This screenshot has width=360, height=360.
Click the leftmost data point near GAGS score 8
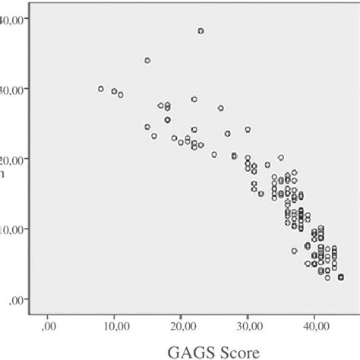pos(100,89)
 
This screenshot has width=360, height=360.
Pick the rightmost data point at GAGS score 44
pos(341,277)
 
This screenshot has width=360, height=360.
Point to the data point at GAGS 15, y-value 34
pos(147,60)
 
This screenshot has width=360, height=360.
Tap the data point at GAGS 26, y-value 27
pos(221,109)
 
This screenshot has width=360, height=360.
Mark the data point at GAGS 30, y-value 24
pos(248,130)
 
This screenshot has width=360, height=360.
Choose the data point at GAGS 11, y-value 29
pos(121,95)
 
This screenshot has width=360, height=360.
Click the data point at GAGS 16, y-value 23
pos(154,137)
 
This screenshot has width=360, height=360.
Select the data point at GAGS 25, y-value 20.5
pos(214,154)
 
